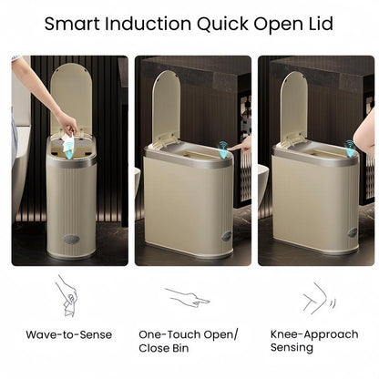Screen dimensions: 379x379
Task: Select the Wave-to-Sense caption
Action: pos(69,334)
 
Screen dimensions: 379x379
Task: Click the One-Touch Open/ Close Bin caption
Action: pos(188,341)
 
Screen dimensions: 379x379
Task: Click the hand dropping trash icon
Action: pos(67,295)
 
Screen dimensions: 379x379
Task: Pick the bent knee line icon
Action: pos(314,296)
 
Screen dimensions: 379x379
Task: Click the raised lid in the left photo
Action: pos(71,95)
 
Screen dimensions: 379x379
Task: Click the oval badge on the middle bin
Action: pos(225,235)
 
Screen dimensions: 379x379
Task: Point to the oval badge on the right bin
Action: pos(352,232)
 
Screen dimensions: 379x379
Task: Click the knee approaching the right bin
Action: pos(365,132)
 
